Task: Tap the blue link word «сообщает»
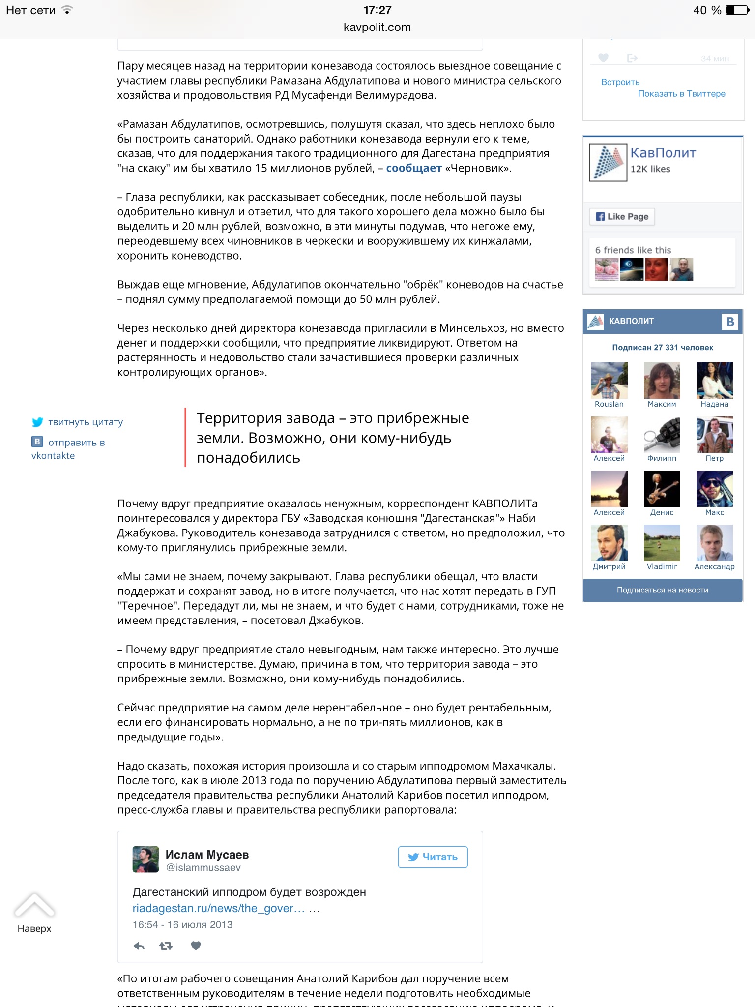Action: [413, 168]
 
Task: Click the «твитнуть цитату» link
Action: [85, 422]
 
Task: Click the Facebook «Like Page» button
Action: [622, 216]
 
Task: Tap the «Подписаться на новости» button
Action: [662, 590]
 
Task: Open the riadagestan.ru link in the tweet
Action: [218, 908]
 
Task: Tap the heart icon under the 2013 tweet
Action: [196, 946]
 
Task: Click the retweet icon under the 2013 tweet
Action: [166, 946]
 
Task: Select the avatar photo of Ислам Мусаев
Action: [145, 859]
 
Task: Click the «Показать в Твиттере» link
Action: [681, 94]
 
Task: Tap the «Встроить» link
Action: [620, 82]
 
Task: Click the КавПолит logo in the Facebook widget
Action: [608, 162]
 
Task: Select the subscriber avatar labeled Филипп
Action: [662, 435]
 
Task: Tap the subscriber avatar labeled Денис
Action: [662, 489]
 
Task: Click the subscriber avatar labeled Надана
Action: [714, 380]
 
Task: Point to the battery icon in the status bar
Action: [737, 10]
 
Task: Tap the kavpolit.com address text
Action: [377, 27]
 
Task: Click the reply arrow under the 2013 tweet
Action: [139, 946]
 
